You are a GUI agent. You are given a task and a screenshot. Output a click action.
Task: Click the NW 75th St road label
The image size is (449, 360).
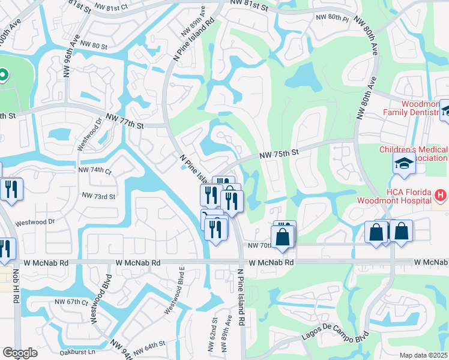279,154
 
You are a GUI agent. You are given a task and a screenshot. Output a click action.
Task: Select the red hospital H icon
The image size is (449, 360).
441,195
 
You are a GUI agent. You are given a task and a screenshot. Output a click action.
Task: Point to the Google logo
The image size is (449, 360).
20,353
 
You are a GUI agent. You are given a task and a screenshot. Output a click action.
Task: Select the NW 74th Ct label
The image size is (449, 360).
95,170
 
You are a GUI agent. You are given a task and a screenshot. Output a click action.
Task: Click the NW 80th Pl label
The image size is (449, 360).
334,18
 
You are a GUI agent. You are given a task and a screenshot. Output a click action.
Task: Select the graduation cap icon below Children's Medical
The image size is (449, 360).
404,163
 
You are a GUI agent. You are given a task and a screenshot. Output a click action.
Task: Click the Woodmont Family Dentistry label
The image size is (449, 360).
414,108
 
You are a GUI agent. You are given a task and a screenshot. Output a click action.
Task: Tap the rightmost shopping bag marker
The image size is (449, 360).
402,232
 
